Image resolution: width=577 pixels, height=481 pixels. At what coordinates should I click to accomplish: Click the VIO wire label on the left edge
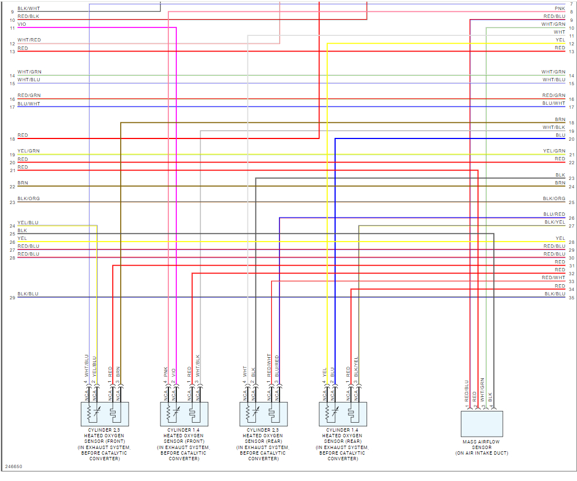click(21, 24)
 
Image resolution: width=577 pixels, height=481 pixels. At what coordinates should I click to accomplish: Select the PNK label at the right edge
click(560, 8)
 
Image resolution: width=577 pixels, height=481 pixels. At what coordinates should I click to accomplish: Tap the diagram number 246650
click(13, 466)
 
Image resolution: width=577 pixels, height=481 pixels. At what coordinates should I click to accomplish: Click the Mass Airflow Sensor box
click(482, 424)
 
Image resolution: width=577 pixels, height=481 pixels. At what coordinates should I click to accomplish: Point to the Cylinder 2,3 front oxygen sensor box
click(105, 414)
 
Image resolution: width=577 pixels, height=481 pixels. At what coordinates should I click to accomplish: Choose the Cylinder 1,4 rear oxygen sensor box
click(343, 414)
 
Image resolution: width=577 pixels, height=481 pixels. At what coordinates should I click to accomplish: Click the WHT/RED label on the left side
click(29, 40)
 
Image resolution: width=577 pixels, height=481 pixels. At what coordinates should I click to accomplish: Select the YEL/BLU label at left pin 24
click(28, 223)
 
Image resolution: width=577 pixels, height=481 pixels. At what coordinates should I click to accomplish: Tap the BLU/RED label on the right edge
click(554, 214)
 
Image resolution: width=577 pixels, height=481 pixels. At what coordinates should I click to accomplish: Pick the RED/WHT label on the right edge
click(553, 277)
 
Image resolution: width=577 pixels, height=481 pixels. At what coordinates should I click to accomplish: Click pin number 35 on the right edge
click(571, 298)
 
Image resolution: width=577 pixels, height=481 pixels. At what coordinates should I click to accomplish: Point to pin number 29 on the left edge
click(12, 298)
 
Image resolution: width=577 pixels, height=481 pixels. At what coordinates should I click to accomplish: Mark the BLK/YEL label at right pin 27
click(555, 223)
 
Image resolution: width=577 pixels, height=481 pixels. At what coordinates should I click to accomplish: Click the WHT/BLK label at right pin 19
click(553, 127)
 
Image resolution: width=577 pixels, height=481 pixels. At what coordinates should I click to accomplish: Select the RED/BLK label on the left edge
click(28, 16)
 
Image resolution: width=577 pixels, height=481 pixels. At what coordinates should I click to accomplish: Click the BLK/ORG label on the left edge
click(29, 199)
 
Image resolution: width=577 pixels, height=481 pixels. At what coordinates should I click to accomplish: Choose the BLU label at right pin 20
click(560, 135)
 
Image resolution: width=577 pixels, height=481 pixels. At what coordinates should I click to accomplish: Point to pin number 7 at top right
click(571, 4)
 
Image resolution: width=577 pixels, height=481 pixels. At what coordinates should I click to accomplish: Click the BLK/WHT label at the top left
click(29, 8)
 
